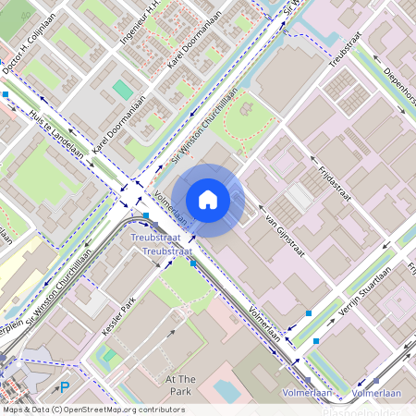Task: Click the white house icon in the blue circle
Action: [x=208, y=200]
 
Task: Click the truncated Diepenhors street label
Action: [x=398, y=79]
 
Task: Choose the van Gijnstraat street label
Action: [x=285, y=231]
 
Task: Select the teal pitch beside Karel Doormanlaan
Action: [x=123, y=90]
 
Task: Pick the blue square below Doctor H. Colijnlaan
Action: [x=6, y=93]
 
